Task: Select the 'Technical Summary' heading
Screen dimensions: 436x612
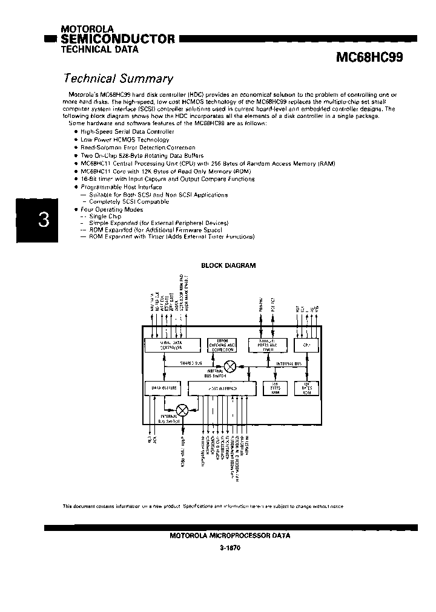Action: click(119, 79)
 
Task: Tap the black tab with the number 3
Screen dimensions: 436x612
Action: click(43, 220)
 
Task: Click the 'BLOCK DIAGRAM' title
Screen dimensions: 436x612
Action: click(228, 265)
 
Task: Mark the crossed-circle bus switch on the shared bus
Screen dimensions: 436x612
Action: click(230, 366)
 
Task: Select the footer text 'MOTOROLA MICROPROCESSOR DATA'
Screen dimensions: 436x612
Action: click(230, 536)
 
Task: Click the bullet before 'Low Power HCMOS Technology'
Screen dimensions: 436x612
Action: click(76, 140)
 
